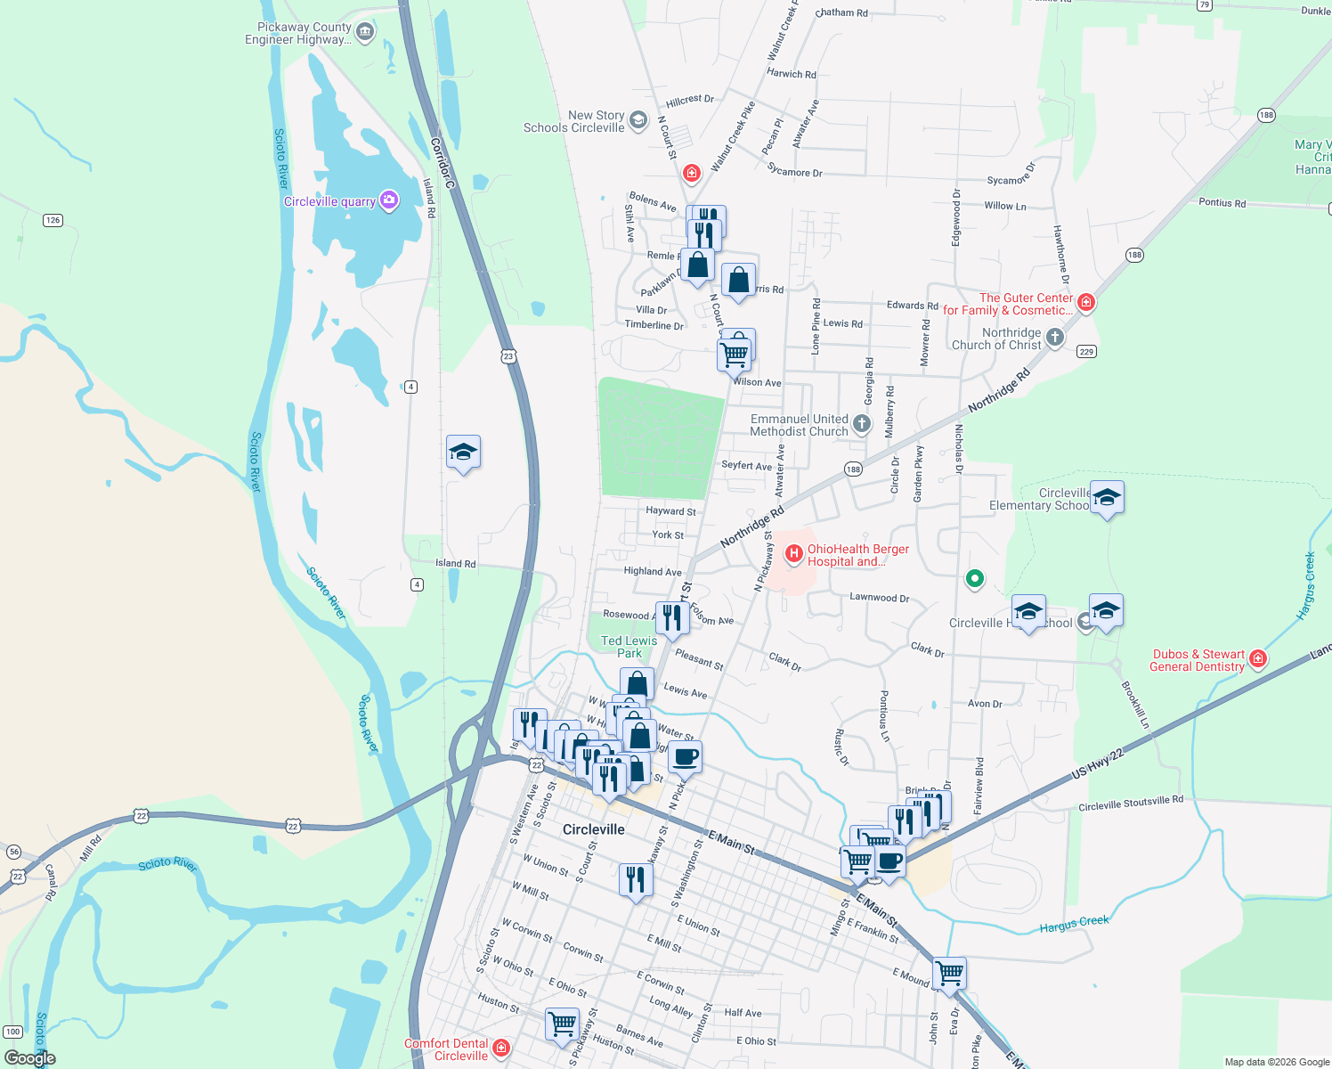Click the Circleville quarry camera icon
pyautogui.click(x=389, y=200)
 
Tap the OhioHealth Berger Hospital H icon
pyautogui.click(x=793, y=554)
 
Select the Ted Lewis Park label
pyautogui.click(x=629, y=647)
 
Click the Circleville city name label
pyautogui.click(x=593, y=829)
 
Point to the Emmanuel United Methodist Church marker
pyautogui.click(x=861, y=424)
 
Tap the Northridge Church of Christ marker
pyautogui.click(x=1054, y=337)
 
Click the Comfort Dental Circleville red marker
pyautogui.click(x=501, y=1048)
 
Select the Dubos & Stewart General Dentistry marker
pyautogui.click(x=1257, y=658)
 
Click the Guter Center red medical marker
pyautogui.click(x=1085, y=302)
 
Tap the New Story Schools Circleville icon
pyautogui.click(x=638, y=120)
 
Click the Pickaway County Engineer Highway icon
pyautogui.click(x=364, y=32)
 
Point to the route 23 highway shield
pyautogui.click(x=508, y=356)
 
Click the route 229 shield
pyautogui.click(x=1086, y=352)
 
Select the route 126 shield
pyautogui.click(x=53, y=220)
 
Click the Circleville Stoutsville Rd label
pyautogui.click(x=1131, y=804)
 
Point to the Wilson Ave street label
pyautogui.click(x=757, y=382)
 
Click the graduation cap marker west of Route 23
pyautogui.click(x=463, y=453)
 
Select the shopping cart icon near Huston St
pyautogui.click(x=562, y=1024)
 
